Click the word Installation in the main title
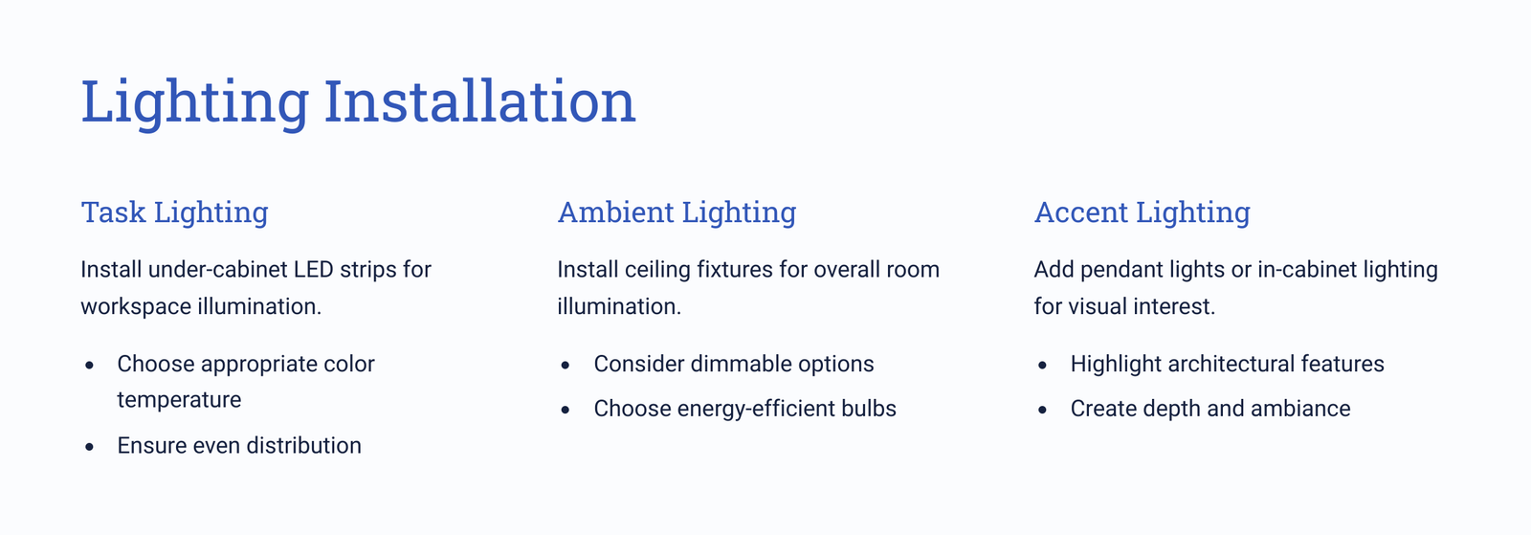click(479, 101)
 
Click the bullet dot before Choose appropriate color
click(90, 366)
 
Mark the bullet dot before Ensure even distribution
click(90, 447)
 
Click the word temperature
click(179, 400)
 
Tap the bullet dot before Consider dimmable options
click(566, 366)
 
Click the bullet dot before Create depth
click(1042, 410)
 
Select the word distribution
click(304, 445)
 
